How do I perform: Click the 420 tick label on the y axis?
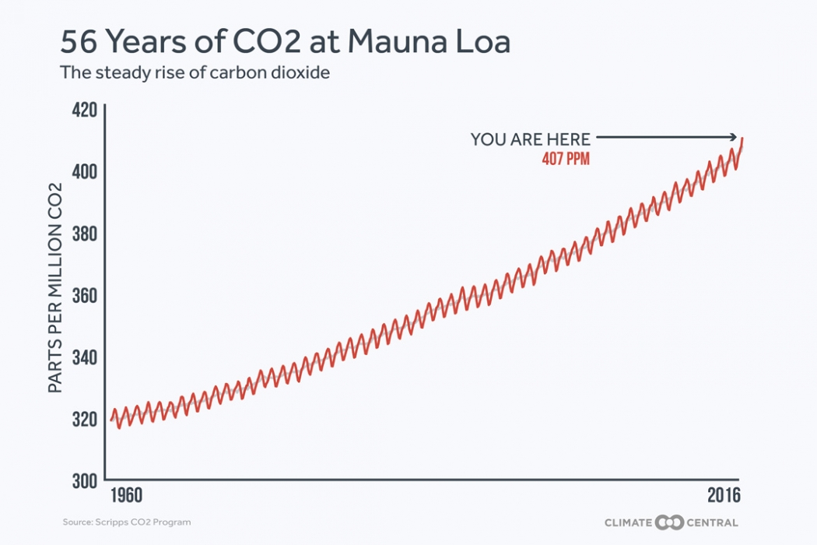tap(84, 109)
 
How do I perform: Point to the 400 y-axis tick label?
tap(84, 171)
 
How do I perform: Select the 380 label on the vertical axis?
tap(84, 234)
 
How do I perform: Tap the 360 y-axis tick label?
tap(84, 296)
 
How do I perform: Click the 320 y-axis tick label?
tap(84, 420)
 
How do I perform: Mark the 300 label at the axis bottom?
tap(84, 481)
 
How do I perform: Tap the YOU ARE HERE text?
tap(530, 139)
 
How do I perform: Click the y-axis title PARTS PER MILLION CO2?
tap(56, 287)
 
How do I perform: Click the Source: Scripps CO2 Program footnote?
tap(127, 522)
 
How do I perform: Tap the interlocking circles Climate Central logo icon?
tap(668, 522)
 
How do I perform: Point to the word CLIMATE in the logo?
tap(628, 522)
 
